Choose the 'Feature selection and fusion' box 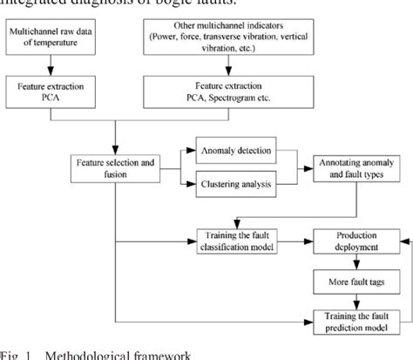tap(116, 168)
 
